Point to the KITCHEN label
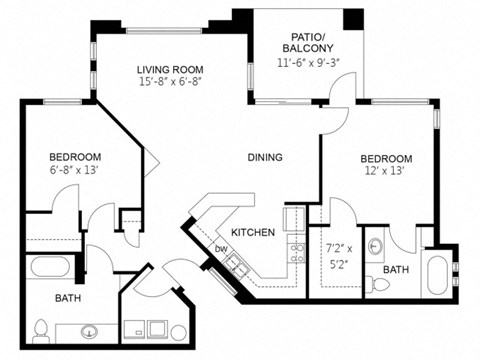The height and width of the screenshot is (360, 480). click(x=253, y=232)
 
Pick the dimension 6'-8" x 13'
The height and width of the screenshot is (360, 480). click(x=74, y=172)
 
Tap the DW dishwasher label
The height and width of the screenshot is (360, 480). click(x=222, y=248)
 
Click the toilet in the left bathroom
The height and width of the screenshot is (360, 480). click(x=41, y=329)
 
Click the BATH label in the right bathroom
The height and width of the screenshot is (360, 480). click(x=395, y=269)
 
